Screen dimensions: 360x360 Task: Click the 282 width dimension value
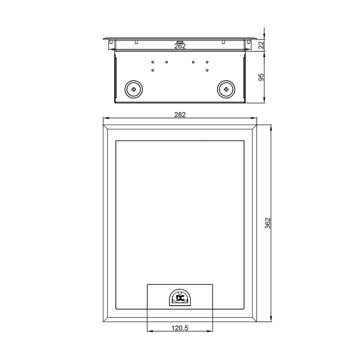180,115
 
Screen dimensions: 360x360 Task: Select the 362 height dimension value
268,223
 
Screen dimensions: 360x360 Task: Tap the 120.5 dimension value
180,328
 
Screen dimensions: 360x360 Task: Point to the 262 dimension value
180,46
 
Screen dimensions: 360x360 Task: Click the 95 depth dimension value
261,77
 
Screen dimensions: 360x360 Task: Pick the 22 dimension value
261,45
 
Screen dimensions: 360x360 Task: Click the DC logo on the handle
180,298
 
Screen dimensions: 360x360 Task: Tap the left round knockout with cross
133,89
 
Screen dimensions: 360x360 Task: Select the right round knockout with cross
226,89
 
